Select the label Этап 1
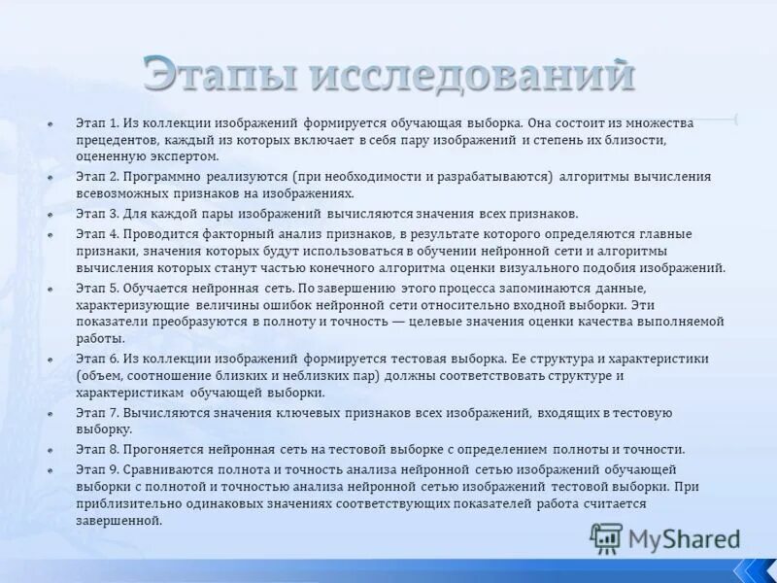click(x=97, y=124)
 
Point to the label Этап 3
click(x=97, y=214)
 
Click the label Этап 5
click(x=97, y=289)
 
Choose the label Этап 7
click(x=97, y=413)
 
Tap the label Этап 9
click(x=97, y=467)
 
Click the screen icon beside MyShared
click(x=607, y=538)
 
